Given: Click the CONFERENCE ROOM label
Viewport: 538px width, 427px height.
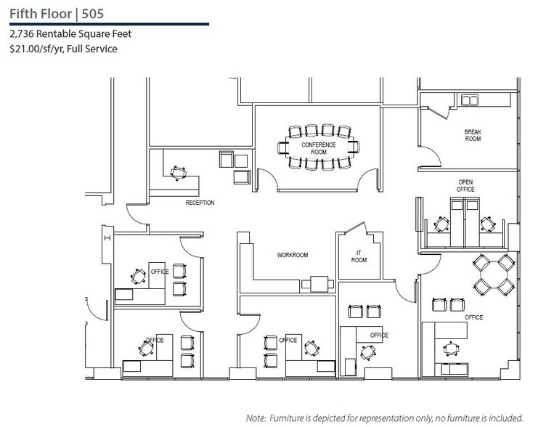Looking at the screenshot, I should [319, 147].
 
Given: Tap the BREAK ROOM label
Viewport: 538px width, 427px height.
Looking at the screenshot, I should [473, 135].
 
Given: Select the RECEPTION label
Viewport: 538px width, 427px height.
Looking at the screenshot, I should [200, 203].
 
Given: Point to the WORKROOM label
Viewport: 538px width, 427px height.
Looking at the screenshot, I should [293, 255].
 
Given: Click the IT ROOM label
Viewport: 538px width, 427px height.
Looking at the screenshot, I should [359, 256].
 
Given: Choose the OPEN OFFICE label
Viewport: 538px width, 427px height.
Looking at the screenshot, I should [465, 185].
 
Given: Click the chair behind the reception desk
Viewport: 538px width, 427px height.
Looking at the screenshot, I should [176, 172].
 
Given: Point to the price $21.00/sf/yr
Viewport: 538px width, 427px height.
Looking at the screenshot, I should [36, 49].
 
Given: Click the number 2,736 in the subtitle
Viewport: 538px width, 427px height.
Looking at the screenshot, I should [23, 34].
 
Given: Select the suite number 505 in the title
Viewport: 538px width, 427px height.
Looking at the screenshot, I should [98, 13].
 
